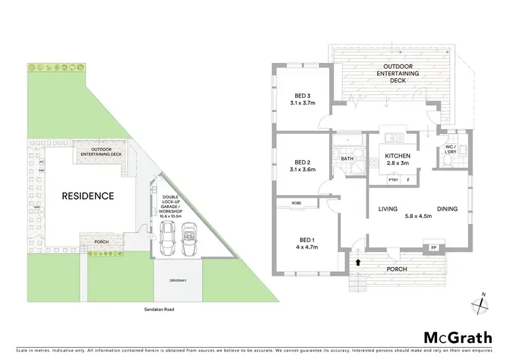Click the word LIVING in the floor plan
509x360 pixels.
click(388, 209)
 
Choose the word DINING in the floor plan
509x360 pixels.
click(447, 209)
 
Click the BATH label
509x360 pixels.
click(347, 159)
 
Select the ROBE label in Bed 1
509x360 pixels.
click(296, 203)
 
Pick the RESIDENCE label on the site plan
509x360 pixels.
click(88, 196)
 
